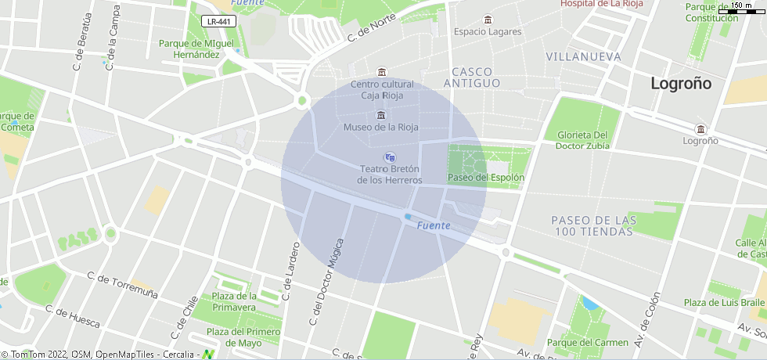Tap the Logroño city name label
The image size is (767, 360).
tap(682, 84)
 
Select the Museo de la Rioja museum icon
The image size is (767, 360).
tap(381, 116)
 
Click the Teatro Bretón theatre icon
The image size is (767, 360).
tap(390, 157)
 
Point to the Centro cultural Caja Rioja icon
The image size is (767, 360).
tap(381, 73)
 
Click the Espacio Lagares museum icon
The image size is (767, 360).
tap(488, 20)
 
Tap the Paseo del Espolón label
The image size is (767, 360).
tap(485, 178)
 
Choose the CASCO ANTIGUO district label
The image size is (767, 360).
tap(471, 77)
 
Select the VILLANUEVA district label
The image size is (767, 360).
tap(583, 57)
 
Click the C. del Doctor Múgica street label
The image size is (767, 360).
tap(326, 282)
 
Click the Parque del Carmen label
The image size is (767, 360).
tap(587, 343)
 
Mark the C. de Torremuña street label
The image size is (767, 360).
tap(123, 286)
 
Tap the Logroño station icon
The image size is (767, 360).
tap(700, 129)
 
